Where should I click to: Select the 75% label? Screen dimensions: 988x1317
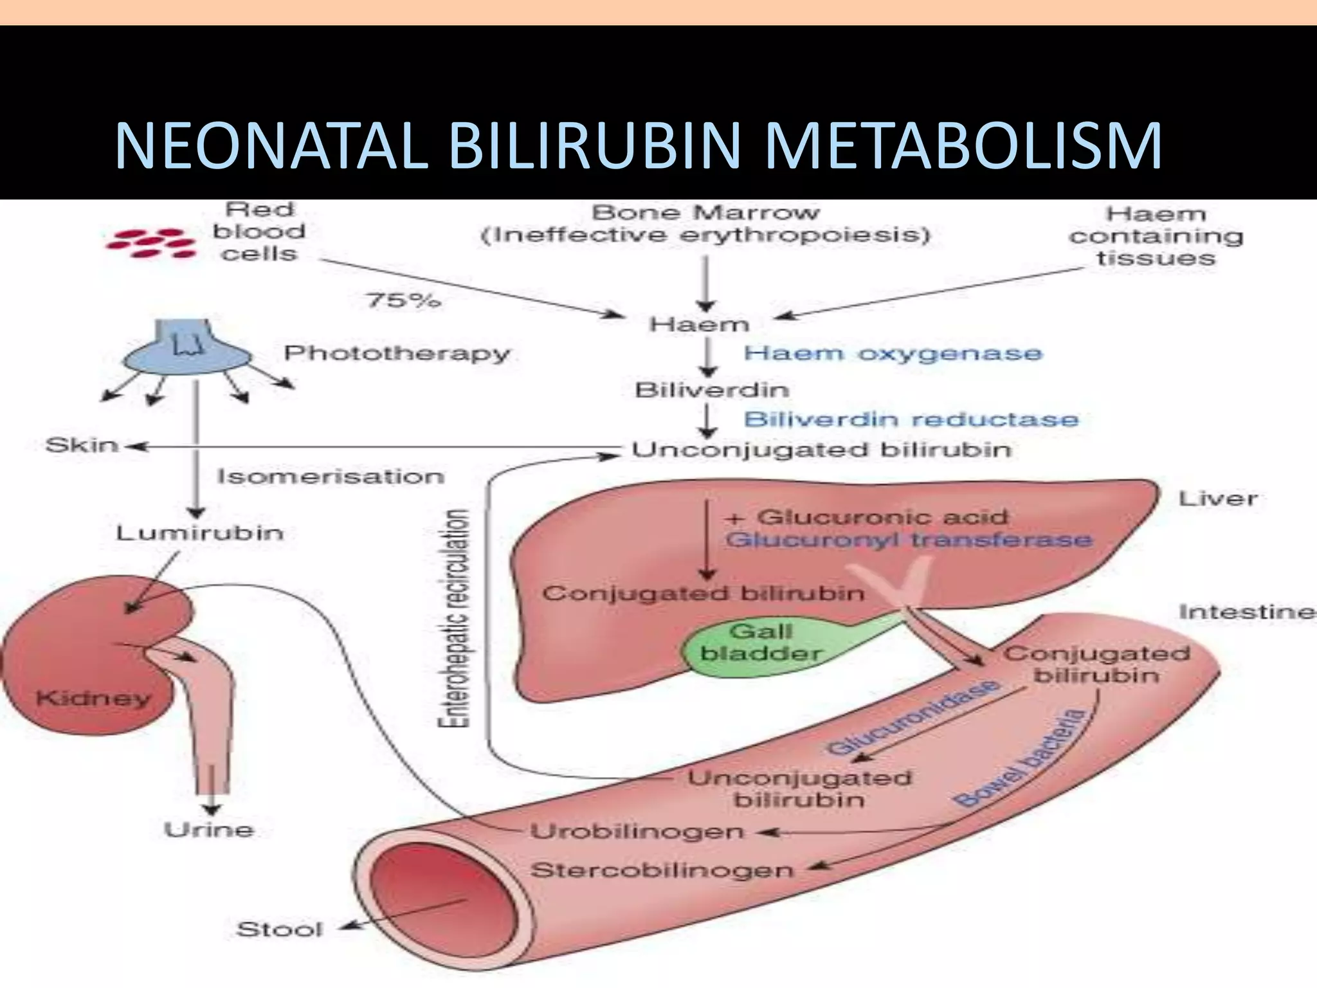pyautogui.click(x=403, y=300)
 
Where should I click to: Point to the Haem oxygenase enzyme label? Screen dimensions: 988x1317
pyautogui.click(x=893, y=353)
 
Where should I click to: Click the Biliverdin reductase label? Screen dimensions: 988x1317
pyautogui.click(x=911, y=419)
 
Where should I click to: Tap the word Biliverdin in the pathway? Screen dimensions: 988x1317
pyautogui.click(x=711, y=390)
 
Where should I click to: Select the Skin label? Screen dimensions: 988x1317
pyautogui.click(x=82, y=445)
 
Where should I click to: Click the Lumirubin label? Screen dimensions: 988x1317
pyautogui.click(x=199, y=533)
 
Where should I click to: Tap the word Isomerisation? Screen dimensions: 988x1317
pyautogui.click(x=331, y=477)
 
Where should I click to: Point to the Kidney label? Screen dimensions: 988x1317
pyautogui.click(x=93, y=698)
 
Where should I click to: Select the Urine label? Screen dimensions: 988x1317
pyautogui.click(x=209, y=830)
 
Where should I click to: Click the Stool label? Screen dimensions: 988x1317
pyautogui.click(x=279, y=929)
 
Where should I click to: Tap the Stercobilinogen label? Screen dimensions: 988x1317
pyautogui.click(x=662, y=870)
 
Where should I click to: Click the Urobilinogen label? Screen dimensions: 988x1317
pyautogui.click(x=637, y=832)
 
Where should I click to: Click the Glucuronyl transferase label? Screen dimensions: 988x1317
pyautogui.click(x=908, y=539)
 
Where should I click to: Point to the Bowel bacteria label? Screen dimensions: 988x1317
pyautogui.click(x=1019, y=759)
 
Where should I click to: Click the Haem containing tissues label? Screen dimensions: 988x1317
pyautogui.click(x=1156, y=236)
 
